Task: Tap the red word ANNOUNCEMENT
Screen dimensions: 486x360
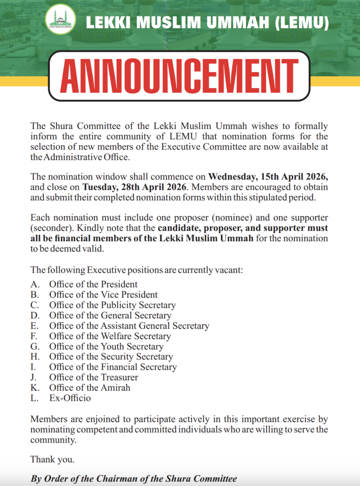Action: coord(180,76)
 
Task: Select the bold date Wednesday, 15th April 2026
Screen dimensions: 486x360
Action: coord(268,177)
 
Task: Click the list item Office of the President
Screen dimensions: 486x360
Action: coord(93,284)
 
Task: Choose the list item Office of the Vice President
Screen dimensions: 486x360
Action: coord(103,295)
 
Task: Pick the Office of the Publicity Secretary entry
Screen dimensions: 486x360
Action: coord(112,305)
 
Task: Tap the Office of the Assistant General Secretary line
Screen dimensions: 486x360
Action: coord(129,326)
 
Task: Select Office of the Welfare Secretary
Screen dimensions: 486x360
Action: coord(110,336)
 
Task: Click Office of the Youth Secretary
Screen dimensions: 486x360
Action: coord(106,347)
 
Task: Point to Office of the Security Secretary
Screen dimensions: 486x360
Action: coord(111,357)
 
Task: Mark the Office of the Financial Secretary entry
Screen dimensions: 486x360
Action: coord(112,367)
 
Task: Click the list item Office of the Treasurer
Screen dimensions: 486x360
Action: coord(93,378)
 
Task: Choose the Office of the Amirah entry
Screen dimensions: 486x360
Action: coord(90,388)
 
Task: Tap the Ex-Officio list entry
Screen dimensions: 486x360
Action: coord(70,398)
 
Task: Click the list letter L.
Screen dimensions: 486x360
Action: coord(34,398)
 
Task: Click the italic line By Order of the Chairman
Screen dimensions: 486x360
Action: coord(134,479)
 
